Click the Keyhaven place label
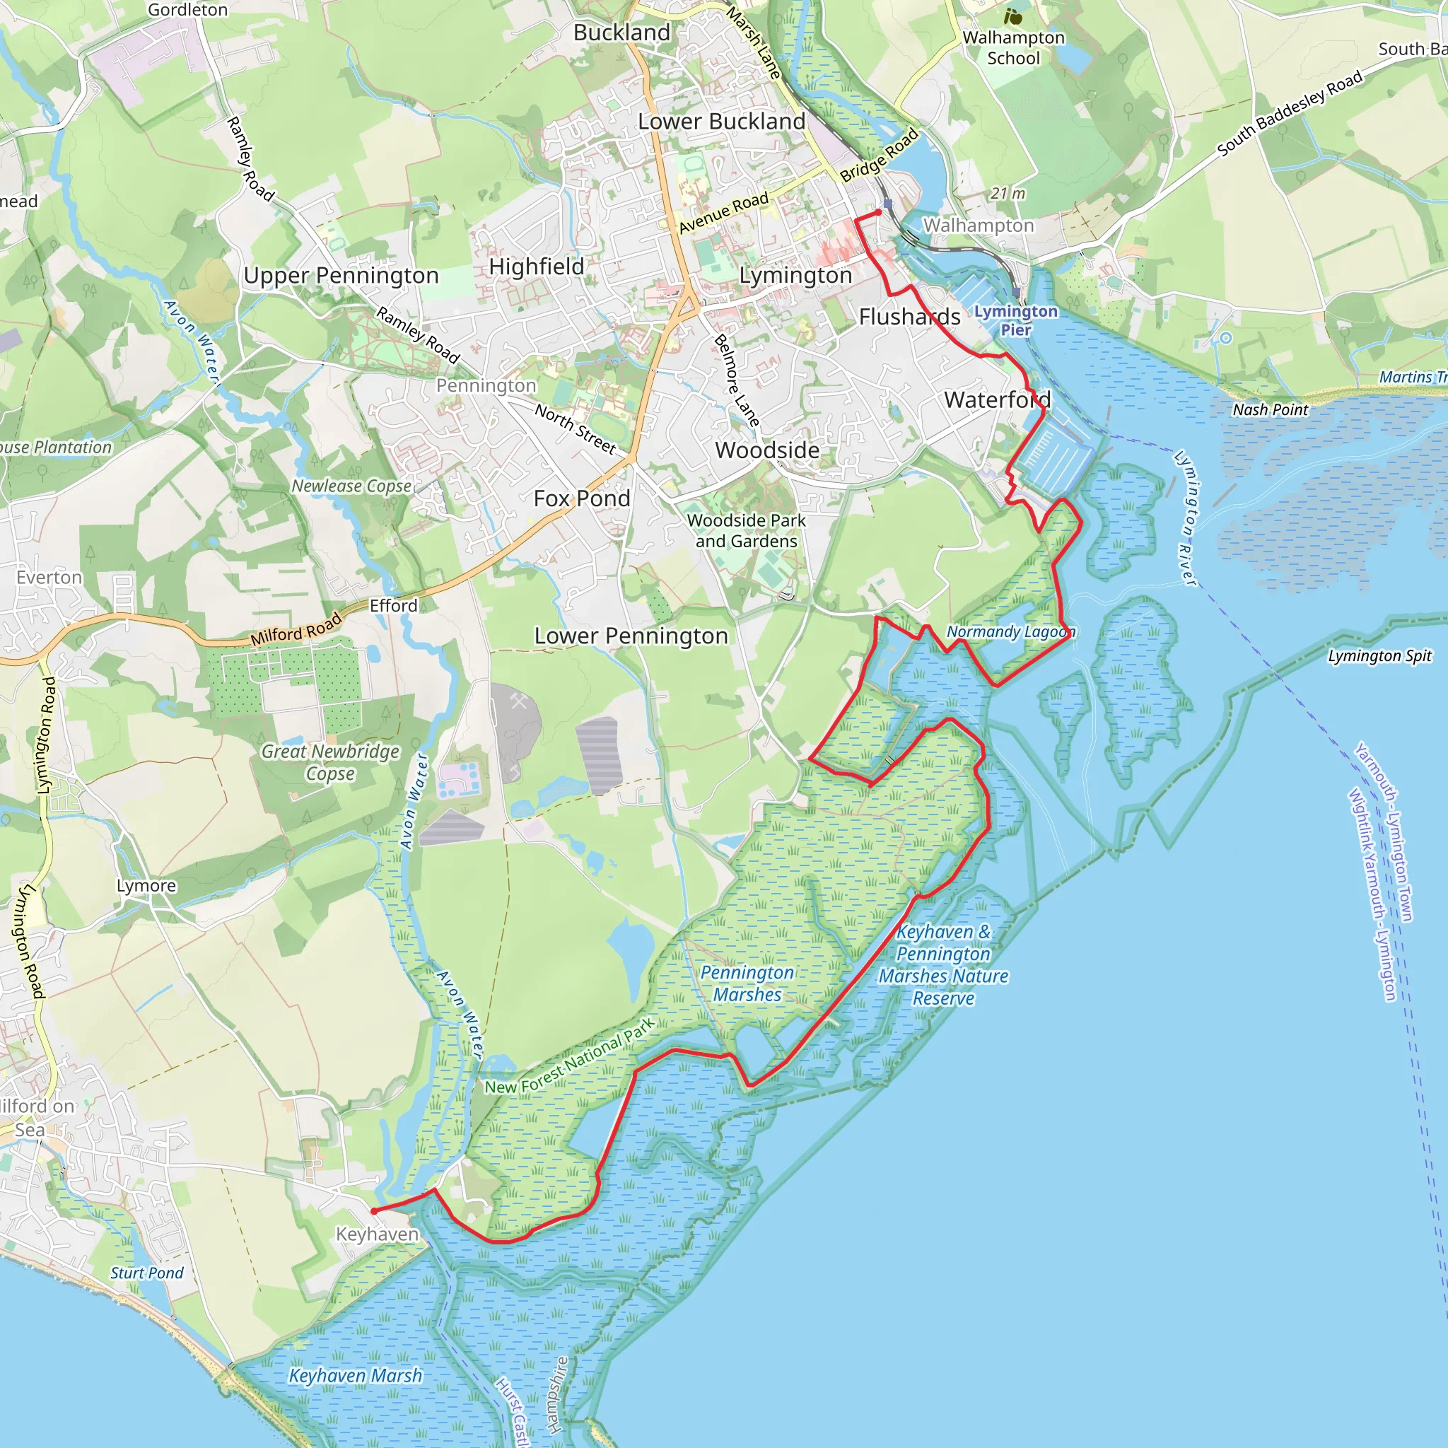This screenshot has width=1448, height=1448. tap(376, 1234)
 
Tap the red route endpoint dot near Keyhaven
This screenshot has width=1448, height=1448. tap(374, 1211)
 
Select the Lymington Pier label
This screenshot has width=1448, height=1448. tap(1015, 320)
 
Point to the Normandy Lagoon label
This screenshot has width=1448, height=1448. tap(1010, 632)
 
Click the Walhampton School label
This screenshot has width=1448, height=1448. tap(1013, 47)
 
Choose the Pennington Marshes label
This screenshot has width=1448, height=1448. tap(747, 983)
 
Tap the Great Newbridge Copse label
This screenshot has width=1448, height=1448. tap(329, 761)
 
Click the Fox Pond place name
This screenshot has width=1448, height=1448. tap(582, 498)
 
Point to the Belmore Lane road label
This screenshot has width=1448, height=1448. tap(737, 381)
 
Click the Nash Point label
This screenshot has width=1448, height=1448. tap(1270, 410)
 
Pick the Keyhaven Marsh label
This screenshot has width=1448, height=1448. tap(355, 1376)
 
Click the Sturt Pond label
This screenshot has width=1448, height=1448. tap(147, 1273)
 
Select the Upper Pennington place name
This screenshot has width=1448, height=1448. tap(341, 276)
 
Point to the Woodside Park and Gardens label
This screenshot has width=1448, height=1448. tap(746, 531)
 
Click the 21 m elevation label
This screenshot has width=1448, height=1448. tap(1008, 193)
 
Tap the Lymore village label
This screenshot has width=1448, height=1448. tap(146, 886)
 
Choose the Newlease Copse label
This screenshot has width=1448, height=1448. tap(351, 486)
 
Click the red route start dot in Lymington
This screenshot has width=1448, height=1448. tap(878, 213)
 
